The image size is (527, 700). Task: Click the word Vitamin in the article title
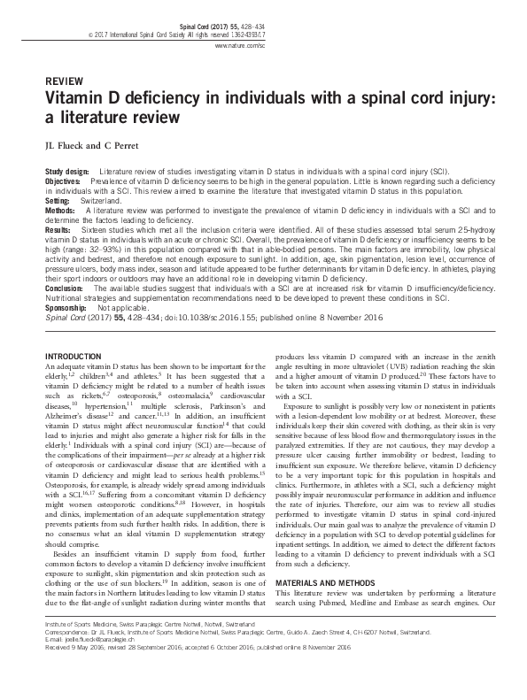pos(82,98)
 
